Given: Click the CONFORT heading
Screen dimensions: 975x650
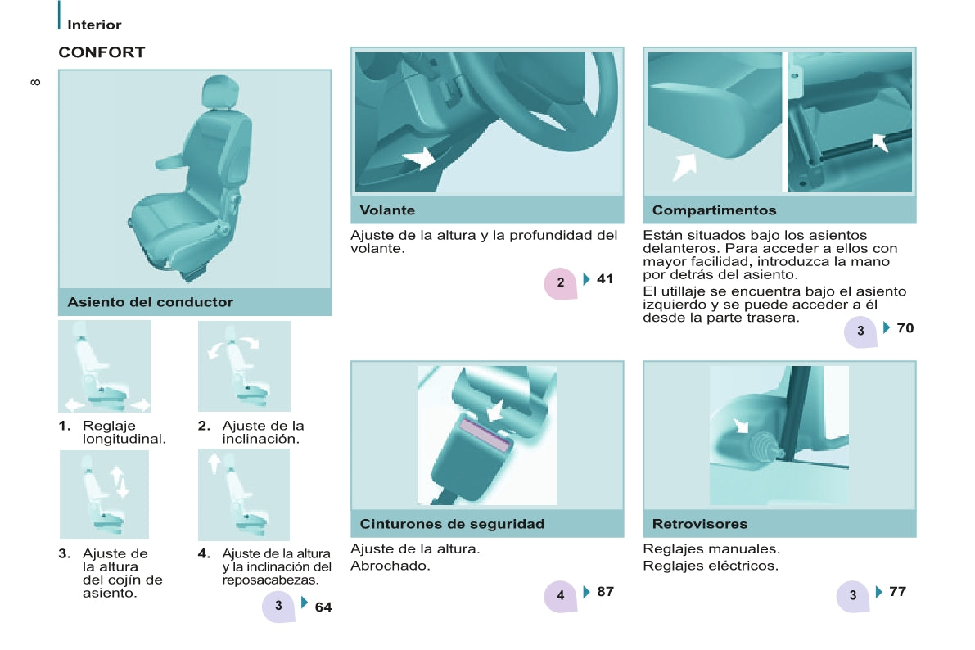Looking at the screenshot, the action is click(x=102, y=52).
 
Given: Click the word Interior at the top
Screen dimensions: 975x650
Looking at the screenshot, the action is click(x=94, y=25).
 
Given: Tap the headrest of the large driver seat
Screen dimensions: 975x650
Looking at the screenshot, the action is click(x=219, y=92).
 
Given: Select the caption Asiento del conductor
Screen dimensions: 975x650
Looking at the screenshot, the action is click(x=151, y=302).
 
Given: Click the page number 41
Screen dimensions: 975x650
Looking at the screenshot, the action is click(x=605, y=279).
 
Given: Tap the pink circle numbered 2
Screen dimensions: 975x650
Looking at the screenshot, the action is click(x=560, y=283).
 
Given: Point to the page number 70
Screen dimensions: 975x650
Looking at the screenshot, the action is click(x=905, y=327).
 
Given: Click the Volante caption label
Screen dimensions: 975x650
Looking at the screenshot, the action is click(x=387, y=210).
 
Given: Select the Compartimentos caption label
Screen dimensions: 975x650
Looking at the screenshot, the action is click(x=715, y=210).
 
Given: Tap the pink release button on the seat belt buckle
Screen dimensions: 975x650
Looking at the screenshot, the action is click(x=484, y=434).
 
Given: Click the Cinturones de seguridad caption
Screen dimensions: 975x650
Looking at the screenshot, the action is click(x=452, y=524).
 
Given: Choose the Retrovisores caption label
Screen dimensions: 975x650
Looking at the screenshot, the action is click(x=700, y=524).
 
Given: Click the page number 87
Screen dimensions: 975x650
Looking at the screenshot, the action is click(x=605, y=592).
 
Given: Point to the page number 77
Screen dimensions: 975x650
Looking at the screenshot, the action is click(x=897, y=592).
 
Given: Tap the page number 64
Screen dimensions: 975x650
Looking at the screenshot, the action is click(x=323, y=607).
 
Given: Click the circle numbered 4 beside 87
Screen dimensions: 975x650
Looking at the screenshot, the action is click(x=560, y=596).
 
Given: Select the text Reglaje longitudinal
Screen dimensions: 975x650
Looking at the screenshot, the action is click(x=124, y=432).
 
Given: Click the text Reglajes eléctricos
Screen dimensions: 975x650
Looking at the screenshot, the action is click(x=710, y=566).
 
